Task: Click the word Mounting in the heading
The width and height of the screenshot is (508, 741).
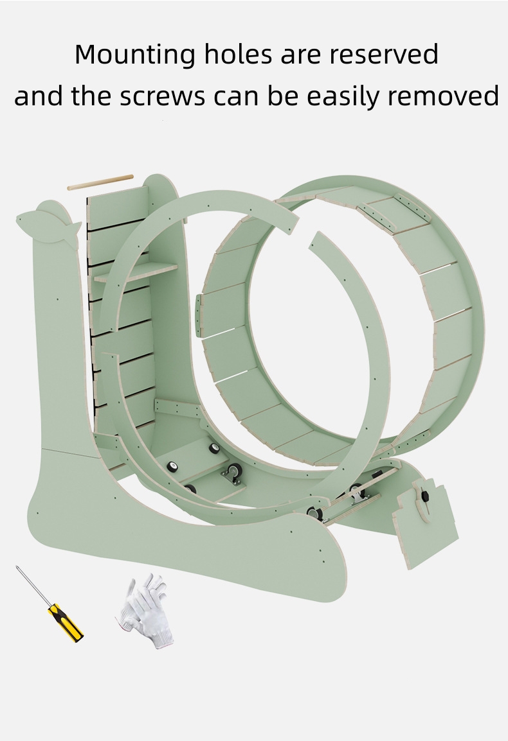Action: (134, 55)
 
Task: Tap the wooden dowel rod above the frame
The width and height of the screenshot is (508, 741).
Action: (100, 182)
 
